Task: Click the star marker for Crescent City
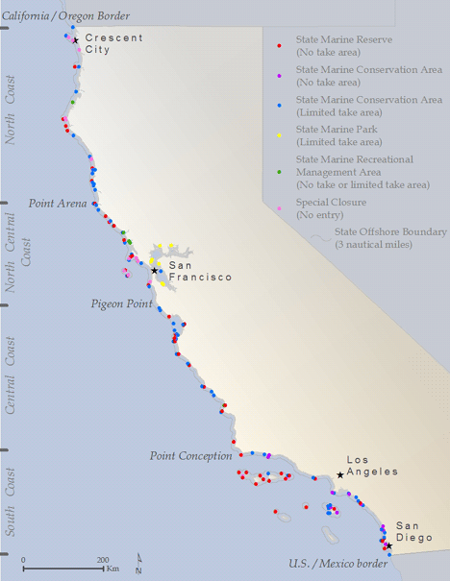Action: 76,40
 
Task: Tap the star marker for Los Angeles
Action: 339,474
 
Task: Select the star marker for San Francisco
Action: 154,271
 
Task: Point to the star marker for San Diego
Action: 387,546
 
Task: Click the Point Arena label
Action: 58,204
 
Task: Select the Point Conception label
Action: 191,455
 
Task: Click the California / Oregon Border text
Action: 64,15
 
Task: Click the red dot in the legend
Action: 279,45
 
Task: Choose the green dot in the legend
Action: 279,171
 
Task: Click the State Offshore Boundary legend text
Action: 389,237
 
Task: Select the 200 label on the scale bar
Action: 103,559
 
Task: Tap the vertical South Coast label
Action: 11,502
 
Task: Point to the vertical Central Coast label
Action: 11,375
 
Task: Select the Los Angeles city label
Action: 371,466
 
